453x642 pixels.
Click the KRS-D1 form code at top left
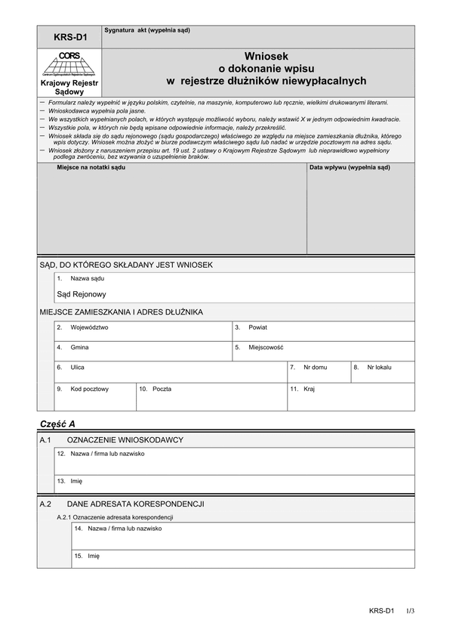tap(69, 36)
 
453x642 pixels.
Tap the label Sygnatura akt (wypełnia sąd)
tap(147, 30)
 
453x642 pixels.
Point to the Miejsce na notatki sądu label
tap(91, 167)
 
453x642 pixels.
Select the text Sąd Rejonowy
tap(82, 294)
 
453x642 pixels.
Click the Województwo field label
tap(89, 327)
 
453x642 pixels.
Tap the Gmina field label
tap(79, 347)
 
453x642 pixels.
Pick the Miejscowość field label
tap(266, 347)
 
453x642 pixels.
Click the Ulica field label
tap(77, 367)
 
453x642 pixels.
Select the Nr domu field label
tap(315, 367)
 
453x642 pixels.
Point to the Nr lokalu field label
tap(380, 367)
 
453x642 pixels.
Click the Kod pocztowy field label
tap(90, 389)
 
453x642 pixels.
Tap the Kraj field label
tap(309, 389)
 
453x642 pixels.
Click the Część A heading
tap(57, 423)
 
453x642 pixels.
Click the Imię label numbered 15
tap(94, 556)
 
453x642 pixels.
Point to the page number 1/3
tap(410, 610)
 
